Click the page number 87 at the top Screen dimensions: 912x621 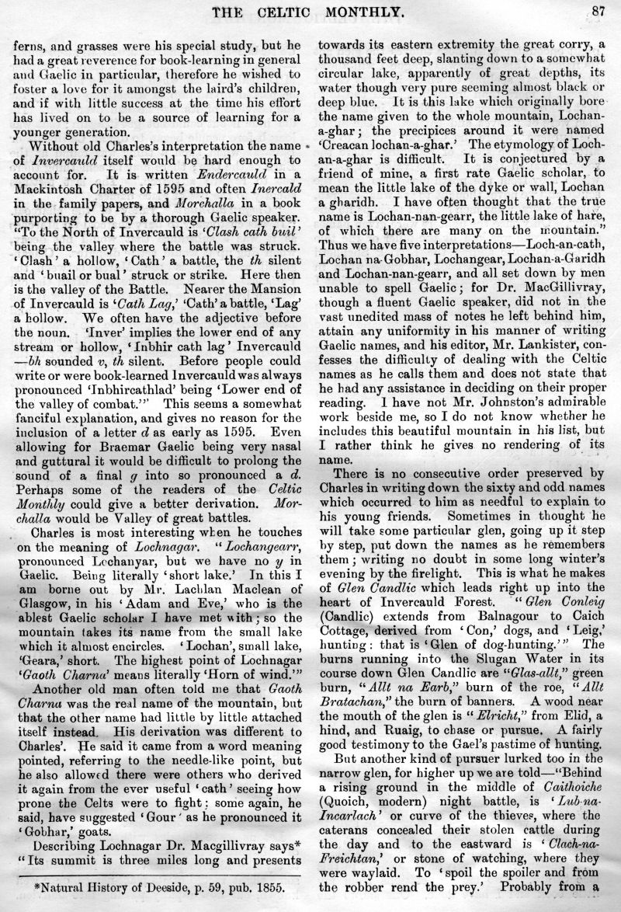tap(596, 10)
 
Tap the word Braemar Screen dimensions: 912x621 tap(126, 458)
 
